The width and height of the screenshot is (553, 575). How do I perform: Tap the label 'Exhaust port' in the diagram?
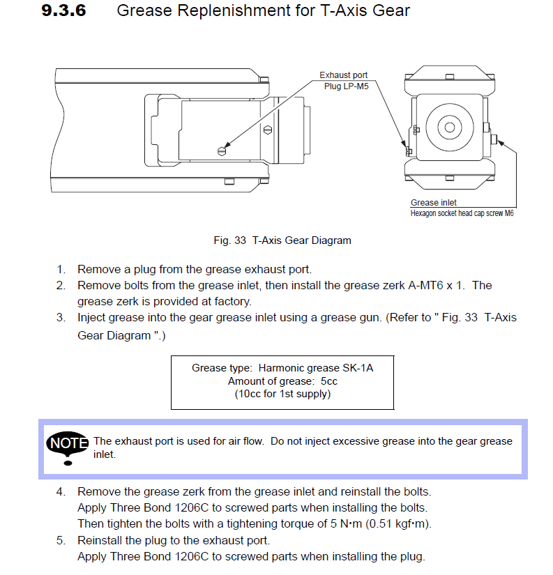pos(343,75)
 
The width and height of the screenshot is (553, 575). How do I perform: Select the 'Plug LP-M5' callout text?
pos(346,86)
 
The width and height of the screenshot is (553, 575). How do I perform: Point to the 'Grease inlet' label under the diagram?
pos(433,203)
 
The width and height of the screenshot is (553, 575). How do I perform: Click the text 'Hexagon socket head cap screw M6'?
pos(462,213)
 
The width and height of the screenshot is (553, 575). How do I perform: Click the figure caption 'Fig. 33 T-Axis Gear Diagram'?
pos(282,240)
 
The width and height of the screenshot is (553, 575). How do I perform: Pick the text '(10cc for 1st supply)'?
pos(282,394)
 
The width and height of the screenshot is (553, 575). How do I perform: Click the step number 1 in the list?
pos(61,269)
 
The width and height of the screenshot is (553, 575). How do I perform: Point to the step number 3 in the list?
pos(61,318)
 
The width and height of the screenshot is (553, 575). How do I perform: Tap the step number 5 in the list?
pos(61,540)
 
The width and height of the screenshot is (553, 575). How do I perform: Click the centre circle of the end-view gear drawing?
pos(450,128)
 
